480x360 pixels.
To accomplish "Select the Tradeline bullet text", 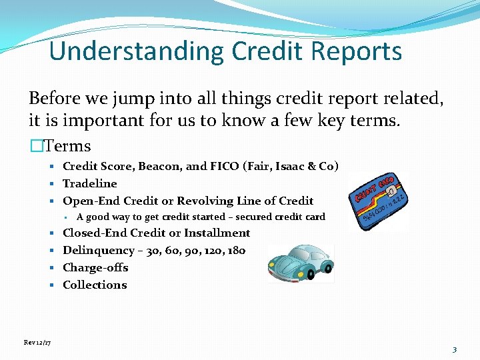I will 90,183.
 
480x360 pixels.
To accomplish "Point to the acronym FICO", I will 229,166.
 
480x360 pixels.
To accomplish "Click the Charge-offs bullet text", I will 95,267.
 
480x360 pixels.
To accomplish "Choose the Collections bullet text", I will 95,285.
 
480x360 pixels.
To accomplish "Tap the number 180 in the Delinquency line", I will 236,250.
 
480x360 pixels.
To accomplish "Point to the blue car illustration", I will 300,261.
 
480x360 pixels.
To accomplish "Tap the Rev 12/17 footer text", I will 37,343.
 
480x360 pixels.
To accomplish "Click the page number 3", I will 454,349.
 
